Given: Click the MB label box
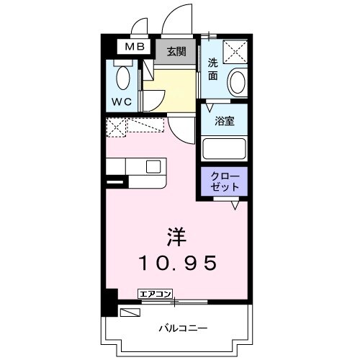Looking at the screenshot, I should [135, 48].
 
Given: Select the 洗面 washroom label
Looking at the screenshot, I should [214, 68].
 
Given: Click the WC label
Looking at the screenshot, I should [121, 102].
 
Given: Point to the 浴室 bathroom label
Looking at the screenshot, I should [225, 122].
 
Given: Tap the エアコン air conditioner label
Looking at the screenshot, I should [156, 293].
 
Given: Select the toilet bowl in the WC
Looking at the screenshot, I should [122, 77].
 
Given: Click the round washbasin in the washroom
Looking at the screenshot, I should [237, 83].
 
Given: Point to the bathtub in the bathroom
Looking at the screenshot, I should [225, 148].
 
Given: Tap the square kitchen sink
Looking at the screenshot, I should [153, 166].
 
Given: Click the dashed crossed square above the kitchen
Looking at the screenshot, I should [117, 127].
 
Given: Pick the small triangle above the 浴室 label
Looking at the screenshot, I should [209, 108].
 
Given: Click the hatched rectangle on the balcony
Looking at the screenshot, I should [130, 312].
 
